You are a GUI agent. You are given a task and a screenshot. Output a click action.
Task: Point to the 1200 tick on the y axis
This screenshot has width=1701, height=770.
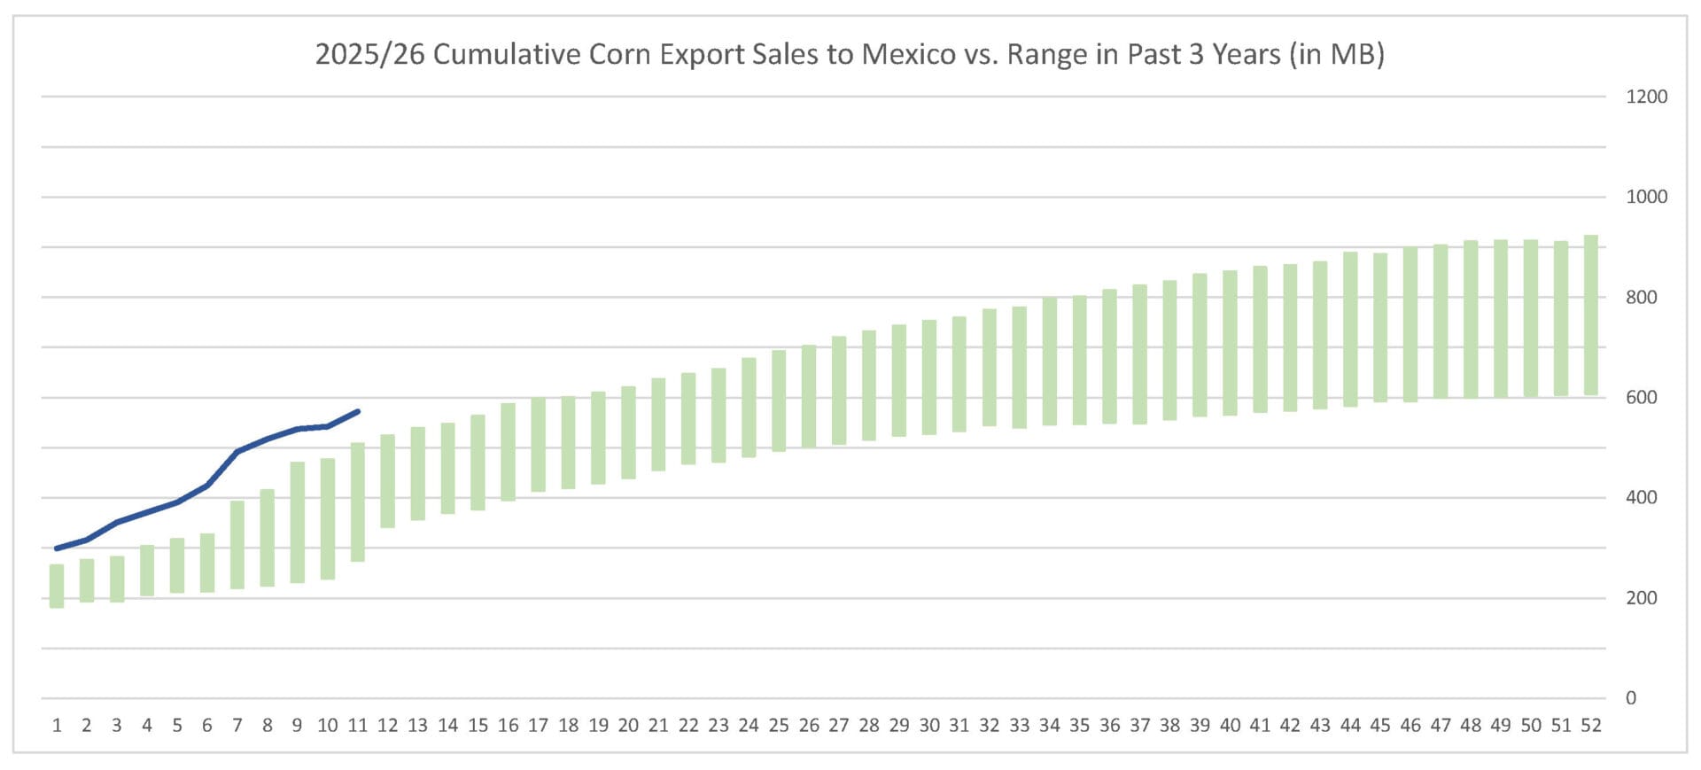pos(1646,97)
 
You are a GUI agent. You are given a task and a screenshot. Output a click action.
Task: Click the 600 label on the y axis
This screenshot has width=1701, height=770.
pos(1641,398)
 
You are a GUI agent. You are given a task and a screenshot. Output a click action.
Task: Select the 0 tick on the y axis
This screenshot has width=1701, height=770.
pos(1631,698)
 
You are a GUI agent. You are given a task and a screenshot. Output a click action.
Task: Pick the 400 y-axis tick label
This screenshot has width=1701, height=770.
pos(1641,498)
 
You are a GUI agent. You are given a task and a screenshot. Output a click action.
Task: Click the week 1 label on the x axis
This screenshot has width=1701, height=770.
pos(57,726)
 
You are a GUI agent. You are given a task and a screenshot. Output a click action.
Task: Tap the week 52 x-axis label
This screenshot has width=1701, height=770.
pos(1591,726)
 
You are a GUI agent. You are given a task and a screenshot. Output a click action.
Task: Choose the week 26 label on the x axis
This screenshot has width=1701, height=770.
pos(809,726)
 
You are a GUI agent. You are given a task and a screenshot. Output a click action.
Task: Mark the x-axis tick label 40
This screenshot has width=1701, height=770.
pos(1230,726)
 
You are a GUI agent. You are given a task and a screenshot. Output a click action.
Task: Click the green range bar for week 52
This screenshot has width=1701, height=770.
pos(1591,315)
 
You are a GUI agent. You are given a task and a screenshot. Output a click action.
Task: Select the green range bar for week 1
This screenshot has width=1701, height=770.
pos(57,586)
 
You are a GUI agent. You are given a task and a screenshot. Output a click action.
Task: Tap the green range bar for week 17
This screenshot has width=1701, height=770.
pos(538,444)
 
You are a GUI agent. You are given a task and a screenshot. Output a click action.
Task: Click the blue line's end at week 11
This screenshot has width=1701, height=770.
pos(358,411)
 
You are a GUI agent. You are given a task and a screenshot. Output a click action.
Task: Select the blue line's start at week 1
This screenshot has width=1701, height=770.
pos(57,548)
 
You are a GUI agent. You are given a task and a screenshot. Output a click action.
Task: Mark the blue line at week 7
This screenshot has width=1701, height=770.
pos(237,452)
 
